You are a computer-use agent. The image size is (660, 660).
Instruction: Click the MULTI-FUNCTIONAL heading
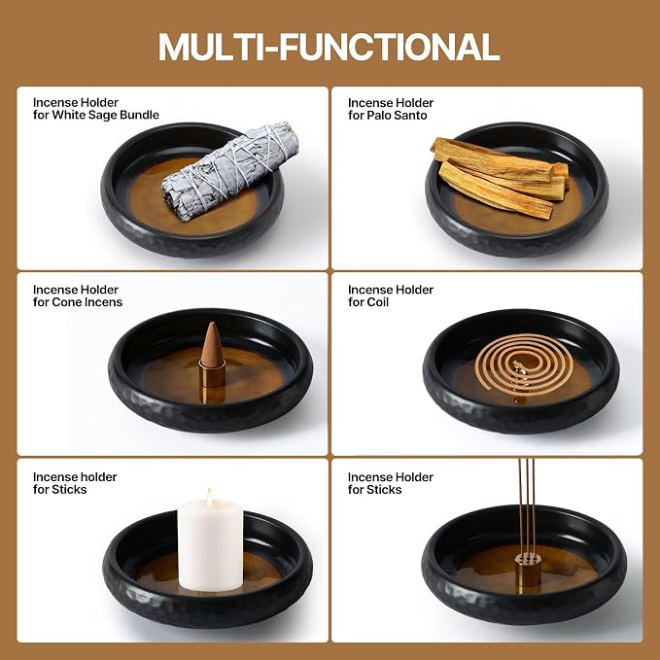coord(329,47)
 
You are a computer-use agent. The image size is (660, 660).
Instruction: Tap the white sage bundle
coord(230,171)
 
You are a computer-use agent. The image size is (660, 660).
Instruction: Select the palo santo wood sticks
coord(500,178)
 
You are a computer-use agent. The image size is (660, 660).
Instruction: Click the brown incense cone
coord(212,344)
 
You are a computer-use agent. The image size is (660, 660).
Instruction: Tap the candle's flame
coord(209,497)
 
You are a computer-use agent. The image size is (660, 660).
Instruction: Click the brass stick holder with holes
coord(528,569)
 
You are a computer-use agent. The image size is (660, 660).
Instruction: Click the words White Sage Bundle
coord(105,115)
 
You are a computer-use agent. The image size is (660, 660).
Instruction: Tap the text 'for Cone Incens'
coord(78,302)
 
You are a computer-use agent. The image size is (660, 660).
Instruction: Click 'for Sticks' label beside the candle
coord(59,490)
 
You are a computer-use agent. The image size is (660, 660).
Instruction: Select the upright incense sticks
coord(527,506)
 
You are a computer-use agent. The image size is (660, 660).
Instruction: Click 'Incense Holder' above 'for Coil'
coord(391,290)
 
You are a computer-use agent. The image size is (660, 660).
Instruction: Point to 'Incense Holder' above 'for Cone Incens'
coord(76,290)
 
